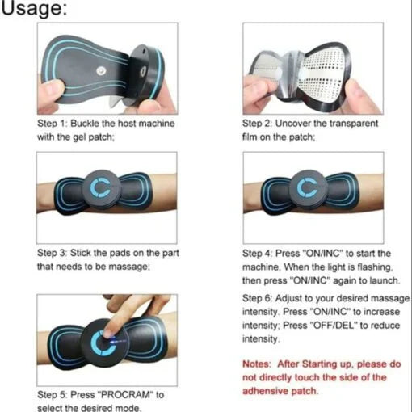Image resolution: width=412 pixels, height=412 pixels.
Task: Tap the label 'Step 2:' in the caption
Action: [259, 125]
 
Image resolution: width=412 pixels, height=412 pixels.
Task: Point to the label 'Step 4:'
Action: [259, 254]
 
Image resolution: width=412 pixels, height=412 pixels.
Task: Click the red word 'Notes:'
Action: [261, 364]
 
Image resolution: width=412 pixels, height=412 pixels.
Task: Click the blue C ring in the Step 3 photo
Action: [106, 187]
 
